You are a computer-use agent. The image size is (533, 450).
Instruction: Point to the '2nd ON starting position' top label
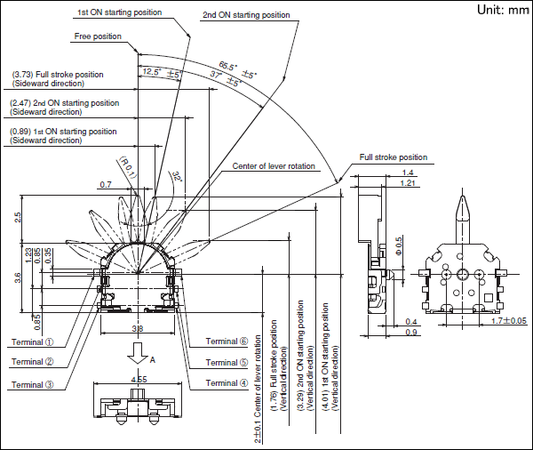(246, 15)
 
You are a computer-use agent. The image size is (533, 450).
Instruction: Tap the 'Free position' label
(96, 36)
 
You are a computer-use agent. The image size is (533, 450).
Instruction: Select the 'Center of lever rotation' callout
(274, 166)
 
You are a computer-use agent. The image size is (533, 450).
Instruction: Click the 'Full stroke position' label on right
(394, 157)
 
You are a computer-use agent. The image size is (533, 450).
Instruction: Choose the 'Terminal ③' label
(35, 385)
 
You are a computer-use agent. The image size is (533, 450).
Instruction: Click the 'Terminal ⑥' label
(227, 342)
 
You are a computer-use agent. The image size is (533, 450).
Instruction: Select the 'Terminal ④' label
(227, 383)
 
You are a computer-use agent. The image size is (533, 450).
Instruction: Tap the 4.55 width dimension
(139, 380)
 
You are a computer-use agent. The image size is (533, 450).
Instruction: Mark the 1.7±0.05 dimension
(508, 320)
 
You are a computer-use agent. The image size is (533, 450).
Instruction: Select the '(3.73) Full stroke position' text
(57, 78)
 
